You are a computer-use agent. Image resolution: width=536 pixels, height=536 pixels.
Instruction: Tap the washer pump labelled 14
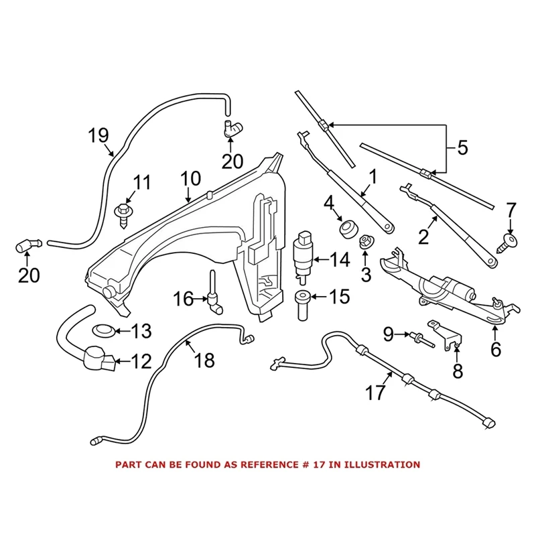tap(305, 255)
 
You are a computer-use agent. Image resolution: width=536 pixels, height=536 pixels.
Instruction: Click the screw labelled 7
tap(508, 241)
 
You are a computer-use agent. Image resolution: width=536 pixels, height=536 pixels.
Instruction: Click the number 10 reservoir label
tap(190, 179)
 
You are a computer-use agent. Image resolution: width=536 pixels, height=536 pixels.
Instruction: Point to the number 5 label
tap(463, 147)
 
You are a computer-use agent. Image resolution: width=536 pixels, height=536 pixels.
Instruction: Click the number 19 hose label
tap(98, 136)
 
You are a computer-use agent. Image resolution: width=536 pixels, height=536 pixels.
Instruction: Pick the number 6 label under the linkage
tap(496, 349)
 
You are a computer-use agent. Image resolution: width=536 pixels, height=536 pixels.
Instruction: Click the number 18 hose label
tap(204, 361)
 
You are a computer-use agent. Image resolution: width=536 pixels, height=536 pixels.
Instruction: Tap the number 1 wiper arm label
tap(373, 177)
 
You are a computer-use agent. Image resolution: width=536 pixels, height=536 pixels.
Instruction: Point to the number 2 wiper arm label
tap(423, 237)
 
